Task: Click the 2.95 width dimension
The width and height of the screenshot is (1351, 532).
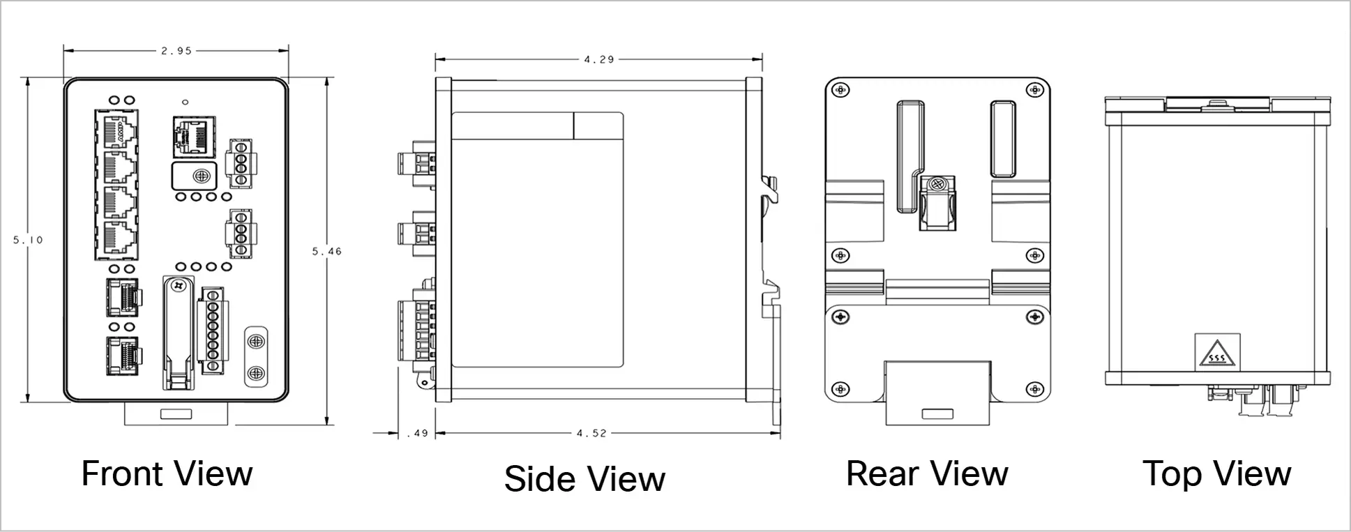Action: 176,51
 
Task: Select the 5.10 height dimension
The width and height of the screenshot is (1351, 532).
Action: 28,240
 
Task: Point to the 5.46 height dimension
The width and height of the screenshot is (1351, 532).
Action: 326,251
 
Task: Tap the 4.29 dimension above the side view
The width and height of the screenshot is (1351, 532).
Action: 598,60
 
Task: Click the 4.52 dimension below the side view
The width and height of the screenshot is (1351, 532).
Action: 591,433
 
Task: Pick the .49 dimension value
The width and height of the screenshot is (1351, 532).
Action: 416,433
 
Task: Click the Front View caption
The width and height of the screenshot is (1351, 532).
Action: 167,473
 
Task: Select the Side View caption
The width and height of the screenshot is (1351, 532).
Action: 584,478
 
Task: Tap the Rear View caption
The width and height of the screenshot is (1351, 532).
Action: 927,473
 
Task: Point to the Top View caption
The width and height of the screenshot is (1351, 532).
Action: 1216,473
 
